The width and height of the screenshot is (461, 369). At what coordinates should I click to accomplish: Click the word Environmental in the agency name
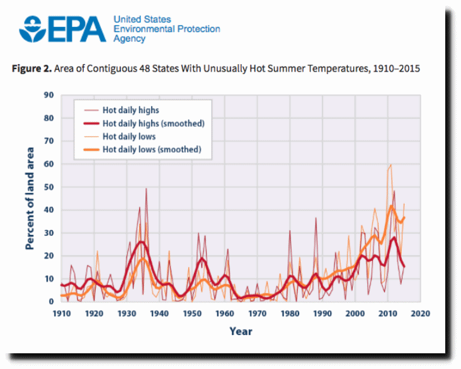(144, 29)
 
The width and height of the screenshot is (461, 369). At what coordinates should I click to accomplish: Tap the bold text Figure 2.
(31, 69)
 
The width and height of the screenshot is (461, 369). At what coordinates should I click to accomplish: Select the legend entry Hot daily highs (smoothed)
(154, 124)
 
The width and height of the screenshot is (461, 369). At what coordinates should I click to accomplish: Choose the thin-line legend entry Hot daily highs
(130, 111)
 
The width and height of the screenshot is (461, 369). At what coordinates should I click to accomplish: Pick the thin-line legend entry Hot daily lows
(129, 136)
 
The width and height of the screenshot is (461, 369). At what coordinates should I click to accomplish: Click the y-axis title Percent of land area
(30, 199)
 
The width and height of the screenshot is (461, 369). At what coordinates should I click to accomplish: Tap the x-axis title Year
(240, 331)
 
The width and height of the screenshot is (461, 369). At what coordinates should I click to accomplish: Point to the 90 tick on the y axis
(48, 96)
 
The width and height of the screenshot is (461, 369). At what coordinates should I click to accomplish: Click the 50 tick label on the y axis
(48, 187)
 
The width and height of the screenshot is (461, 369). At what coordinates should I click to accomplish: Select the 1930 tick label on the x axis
(127, 313)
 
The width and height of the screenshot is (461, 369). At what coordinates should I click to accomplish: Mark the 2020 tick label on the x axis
(421, 313)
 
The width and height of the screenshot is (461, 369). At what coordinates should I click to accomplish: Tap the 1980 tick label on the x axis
(290, 313)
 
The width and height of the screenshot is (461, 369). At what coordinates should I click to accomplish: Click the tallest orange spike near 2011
(391, 165)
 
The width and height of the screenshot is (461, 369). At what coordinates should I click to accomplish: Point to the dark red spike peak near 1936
(147, 189)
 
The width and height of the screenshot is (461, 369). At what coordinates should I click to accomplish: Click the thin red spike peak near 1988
(316, 218)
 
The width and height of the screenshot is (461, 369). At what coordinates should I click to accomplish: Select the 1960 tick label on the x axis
(225, 313)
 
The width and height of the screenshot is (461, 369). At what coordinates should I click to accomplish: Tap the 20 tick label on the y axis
(48, 256)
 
